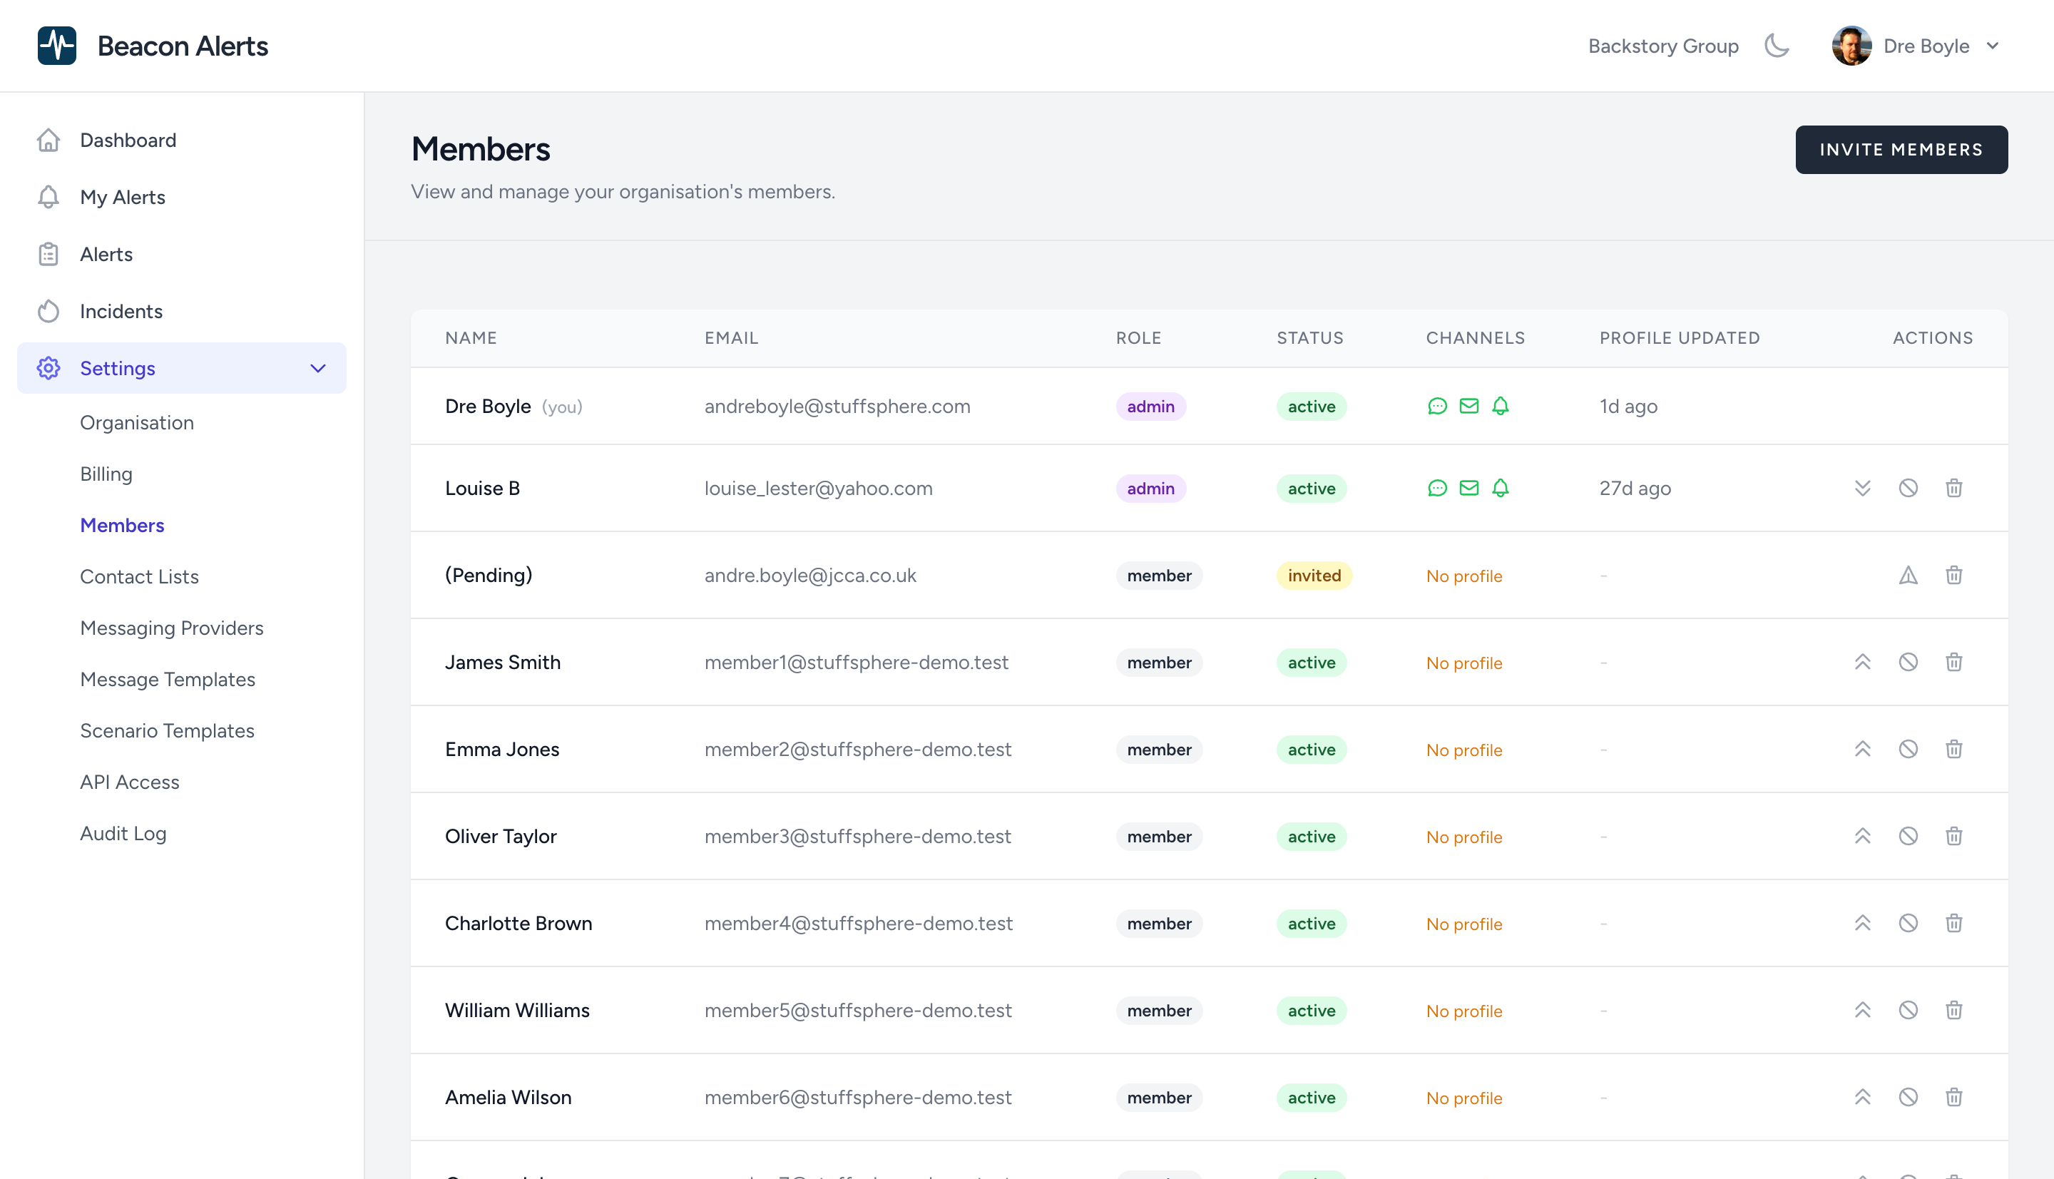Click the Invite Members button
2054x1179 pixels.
coord(1900,150)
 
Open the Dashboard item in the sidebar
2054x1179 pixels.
coord(127,140)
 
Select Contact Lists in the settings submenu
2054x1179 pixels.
coord(138,576)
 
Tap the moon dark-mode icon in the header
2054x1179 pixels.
coord(1777,46)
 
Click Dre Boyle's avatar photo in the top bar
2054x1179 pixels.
coord(1851,46)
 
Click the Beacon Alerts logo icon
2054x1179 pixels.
coord(56,46)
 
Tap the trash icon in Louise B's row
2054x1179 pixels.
coord(1953,489)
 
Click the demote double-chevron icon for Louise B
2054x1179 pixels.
coord(1862,489)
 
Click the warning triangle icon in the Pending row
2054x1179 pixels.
coord(1908,576)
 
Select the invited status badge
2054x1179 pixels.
coord(1313,576)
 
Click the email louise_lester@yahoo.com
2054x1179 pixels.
coord(818,489)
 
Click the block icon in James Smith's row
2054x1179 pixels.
coord(1908,663)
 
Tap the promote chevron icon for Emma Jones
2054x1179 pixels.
coord(1862,749)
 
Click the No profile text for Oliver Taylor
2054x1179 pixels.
coord(1463,837)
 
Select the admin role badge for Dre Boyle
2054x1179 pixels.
coord(1150,407)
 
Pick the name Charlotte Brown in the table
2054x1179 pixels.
coord(518,923)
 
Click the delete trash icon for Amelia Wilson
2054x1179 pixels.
coord(1953,1097)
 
